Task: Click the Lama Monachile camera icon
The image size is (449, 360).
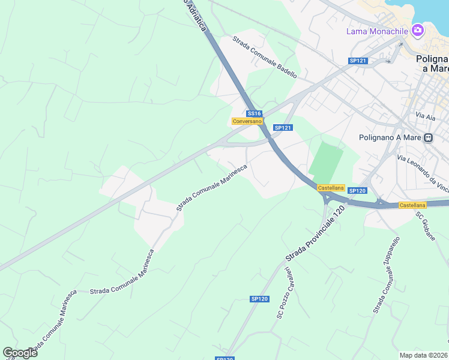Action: [x=417, y=31]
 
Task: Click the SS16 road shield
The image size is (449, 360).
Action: [x=254, y=113]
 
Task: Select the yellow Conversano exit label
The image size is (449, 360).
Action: [x=247, y=121]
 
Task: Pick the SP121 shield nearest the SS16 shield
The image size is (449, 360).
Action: [x=282, y=128]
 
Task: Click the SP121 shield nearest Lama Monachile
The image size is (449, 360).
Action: [x=358, y=61]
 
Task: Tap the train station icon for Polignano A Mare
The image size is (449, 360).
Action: [x=429, y=137]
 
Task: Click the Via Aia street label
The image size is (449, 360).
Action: [x=425, y=116]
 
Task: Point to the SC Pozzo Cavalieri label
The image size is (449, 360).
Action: [x=283, y=292]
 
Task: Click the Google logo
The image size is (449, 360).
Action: [x=19, y=353]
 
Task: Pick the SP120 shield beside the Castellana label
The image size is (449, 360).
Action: [x=357, y=191]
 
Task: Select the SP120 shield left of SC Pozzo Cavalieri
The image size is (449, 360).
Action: [x=259, y=299]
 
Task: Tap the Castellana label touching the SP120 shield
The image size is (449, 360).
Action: [x=331, y=188]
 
